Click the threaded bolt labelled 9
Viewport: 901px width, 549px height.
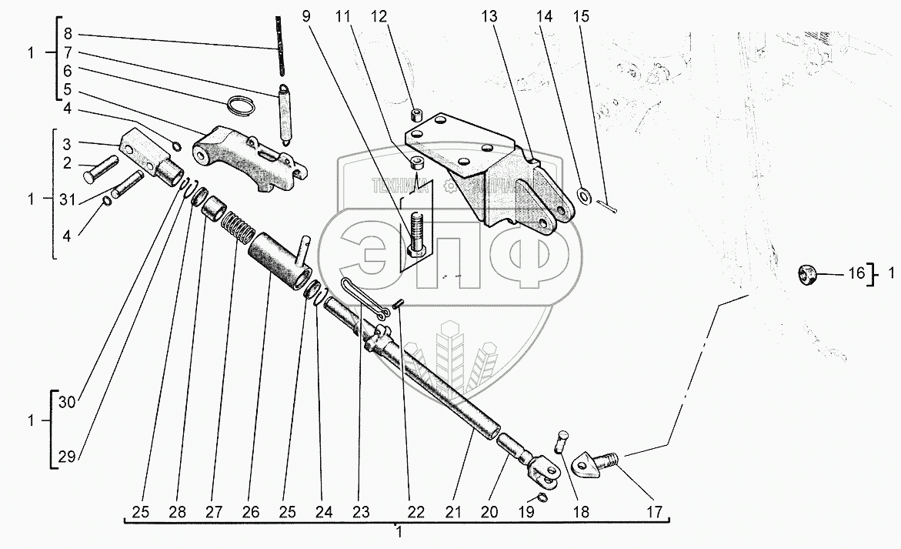click(417, 233)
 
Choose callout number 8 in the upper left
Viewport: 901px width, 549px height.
click(68, 34)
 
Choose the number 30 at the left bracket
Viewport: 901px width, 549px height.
click(68, 401)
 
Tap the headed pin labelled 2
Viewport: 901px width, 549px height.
click(99, 169)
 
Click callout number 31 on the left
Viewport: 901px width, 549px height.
click(67, 199)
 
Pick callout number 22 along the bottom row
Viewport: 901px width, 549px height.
click(415, 512)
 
